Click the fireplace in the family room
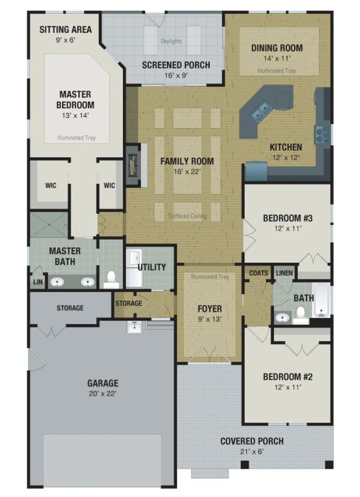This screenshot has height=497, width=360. (133, 165)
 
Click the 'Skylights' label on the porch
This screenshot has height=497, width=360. (171, 41)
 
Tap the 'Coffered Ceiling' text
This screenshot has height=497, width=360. (187, 216)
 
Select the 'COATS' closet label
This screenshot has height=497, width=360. (258, 273)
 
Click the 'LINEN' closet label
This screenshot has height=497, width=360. (284, 273)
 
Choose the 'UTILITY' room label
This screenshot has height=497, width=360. (152, 267)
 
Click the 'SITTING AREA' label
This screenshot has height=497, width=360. (66, 29)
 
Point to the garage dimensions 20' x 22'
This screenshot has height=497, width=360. (102, 394)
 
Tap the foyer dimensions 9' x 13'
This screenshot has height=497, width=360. (210, 319)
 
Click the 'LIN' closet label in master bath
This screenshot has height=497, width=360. (38, 282)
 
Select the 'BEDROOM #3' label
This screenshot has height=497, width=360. (288, 218)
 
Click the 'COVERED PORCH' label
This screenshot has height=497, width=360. (252, 441)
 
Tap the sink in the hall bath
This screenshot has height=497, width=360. (282, 317)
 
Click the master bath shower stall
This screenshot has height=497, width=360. (49, 225)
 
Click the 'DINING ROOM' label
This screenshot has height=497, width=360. (277, 48)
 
